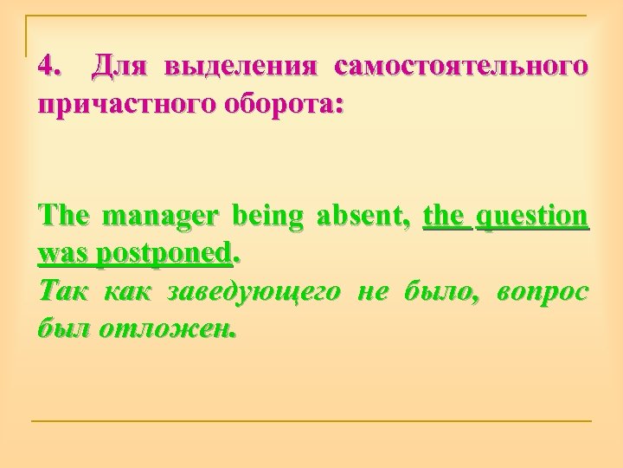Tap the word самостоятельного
[461, 65]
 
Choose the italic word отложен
[160, 331]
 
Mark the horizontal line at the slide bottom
[311, 421]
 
